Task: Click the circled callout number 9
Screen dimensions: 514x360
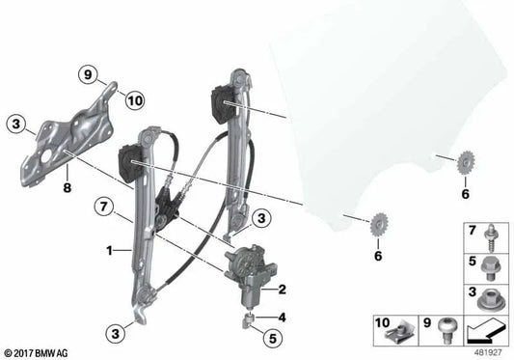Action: point(88,75)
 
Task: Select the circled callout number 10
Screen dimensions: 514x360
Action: point(135,100)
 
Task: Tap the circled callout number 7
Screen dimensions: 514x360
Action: point(103,207)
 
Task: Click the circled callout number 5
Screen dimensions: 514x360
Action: point(273,338)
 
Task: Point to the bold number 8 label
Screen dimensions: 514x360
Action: point(67,188)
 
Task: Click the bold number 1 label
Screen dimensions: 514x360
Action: point(109,251)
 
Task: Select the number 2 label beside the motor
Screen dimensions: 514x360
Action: point(282,290)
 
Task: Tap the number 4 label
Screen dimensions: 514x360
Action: point(282,318)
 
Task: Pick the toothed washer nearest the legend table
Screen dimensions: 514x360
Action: point(466,161)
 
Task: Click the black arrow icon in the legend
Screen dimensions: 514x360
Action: point(486,331)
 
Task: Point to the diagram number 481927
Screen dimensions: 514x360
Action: point(487,352)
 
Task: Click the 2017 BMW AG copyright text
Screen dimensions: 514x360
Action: point(35,353)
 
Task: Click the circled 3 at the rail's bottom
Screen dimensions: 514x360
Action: point(116,334)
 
